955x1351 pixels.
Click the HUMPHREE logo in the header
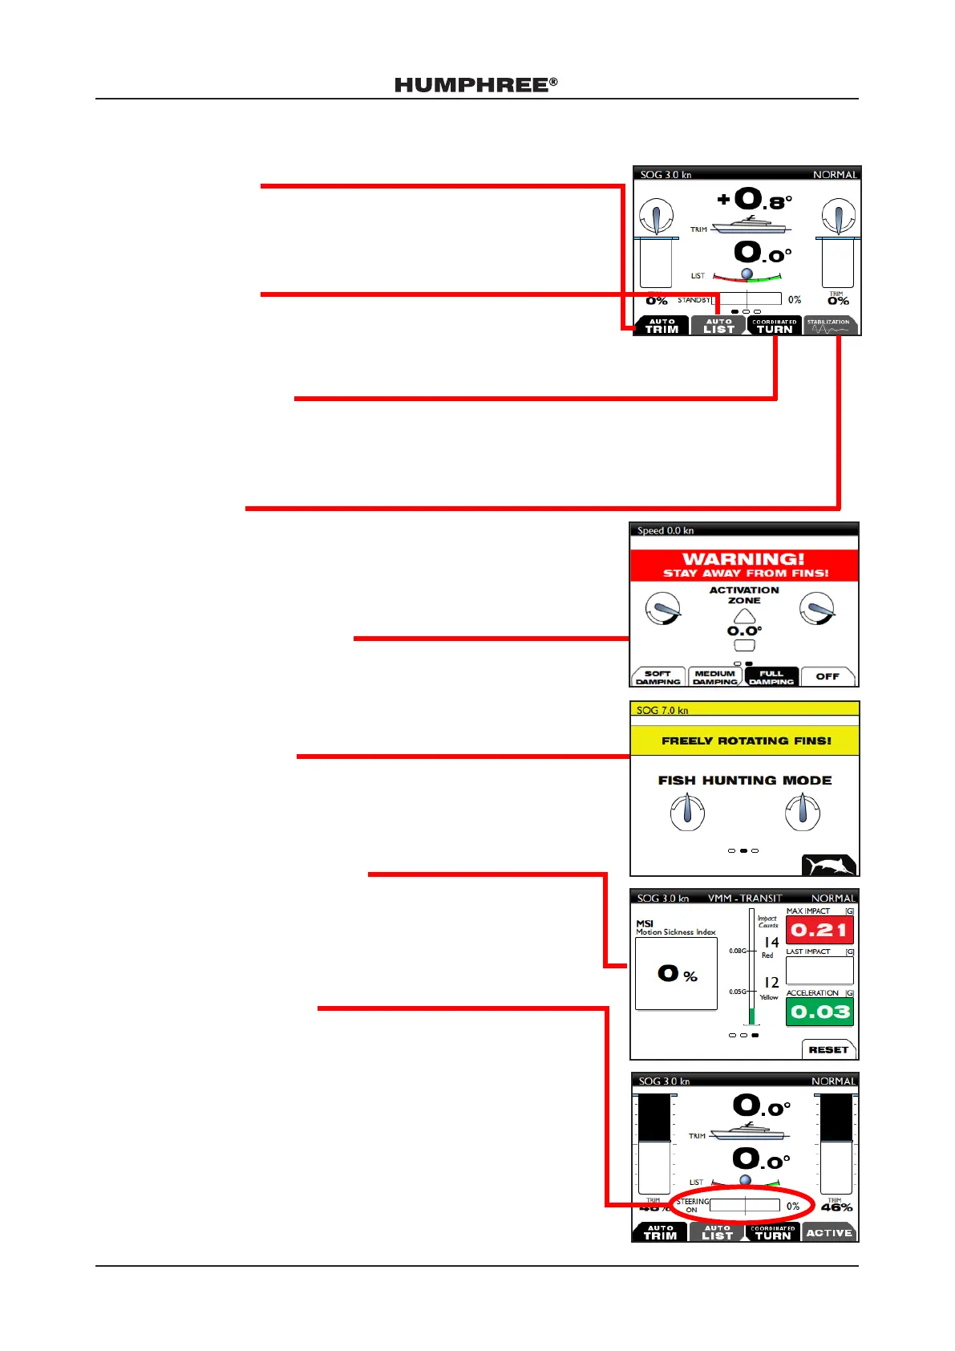475,85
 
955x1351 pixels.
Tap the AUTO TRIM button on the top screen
662,326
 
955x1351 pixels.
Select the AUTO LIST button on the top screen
718,326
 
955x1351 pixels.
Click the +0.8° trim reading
755,200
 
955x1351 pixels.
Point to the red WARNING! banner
744,565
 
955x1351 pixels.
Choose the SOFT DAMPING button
658,677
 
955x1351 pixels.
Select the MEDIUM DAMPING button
714,677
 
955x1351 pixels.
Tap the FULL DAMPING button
771,677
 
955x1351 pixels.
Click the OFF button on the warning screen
828,677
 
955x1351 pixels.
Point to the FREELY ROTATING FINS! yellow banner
744,740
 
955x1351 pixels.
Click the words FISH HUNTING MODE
744,781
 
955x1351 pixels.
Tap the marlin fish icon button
829,866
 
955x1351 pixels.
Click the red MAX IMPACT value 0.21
819,931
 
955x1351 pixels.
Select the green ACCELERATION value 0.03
819,1012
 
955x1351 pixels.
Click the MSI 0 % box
676,974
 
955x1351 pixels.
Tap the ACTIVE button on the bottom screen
829,1233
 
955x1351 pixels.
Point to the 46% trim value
836,1207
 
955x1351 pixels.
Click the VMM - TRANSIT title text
745,899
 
